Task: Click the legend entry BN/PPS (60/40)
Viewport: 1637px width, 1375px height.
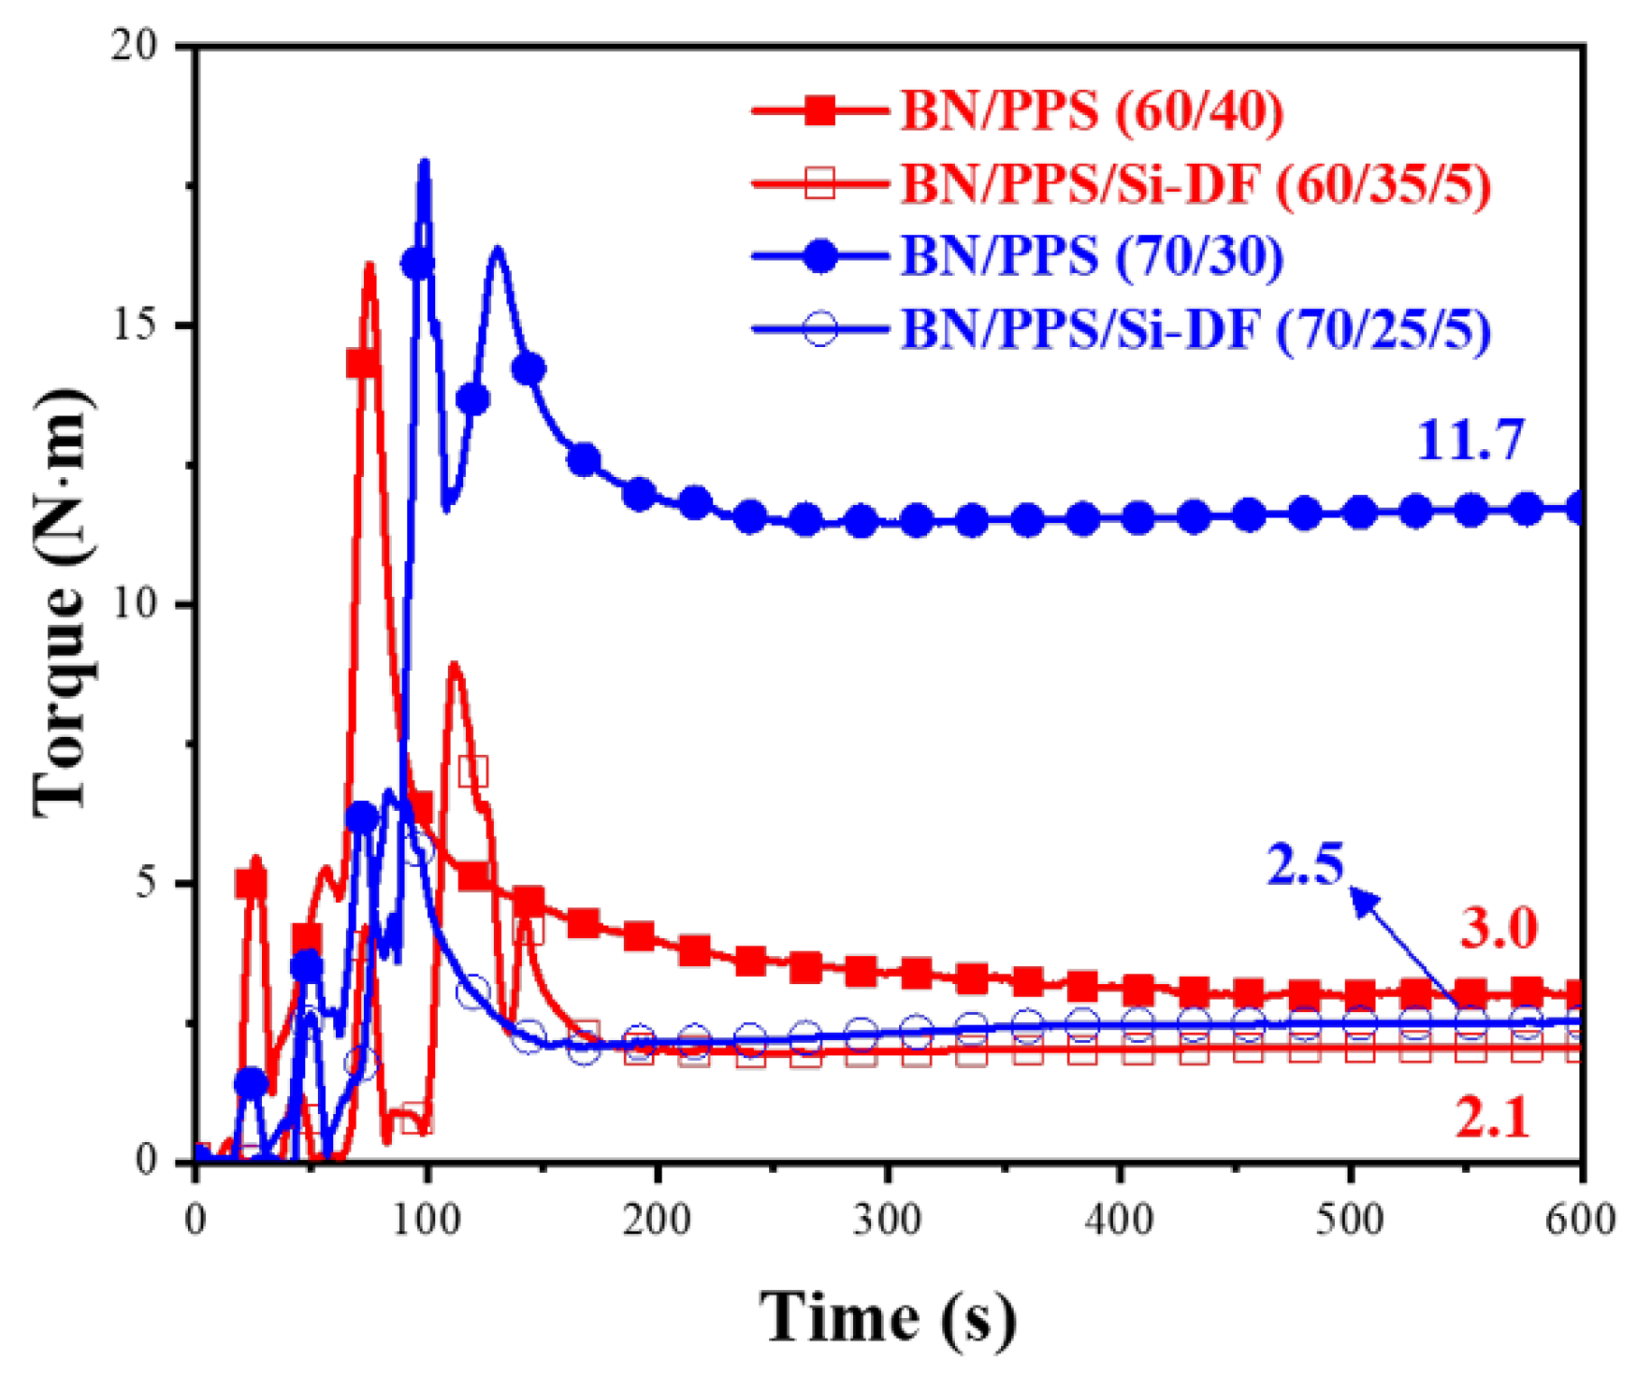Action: pyautogui.click(x=1091, y=110)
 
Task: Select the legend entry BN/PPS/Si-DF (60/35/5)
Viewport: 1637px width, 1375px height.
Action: pyautogui.click(x=1195, y=183)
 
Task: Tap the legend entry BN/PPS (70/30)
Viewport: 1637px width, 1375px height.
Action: pyautogui.click(x=1091, y=255)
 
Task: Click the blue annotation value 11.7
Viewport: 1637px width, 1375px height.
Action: pyautogui.click(x=1470, y=440)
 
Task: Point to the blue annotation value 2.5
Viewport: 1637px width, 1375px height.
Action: pyautogui.click(x=1305, y=863)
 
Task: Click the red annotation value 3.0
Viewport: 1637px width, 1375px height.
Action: pyautogui.click(x=1499, y=929)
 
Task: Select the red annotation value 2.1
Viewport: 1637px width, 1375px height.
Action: pyautogui.click(x=1492, y=1118)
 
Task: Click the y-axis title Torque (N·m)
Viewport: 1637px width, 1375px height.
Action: pyautogui.click(x=62, y=603)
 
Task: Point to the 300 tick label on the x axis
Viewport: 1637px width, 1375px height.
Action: pyautogui.click(x=888, y=1220)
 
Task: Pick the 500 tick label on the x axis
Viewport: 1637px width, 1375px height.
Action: pyautogui.click(x=1350, y=1220)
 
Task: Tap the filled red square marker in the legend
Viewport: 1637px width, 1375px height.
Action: pyautogui.click(x=820, y=110)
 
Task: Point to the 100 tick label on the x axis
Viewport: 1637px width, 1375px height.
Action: pyautogui.click(x=427, y=1220)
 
